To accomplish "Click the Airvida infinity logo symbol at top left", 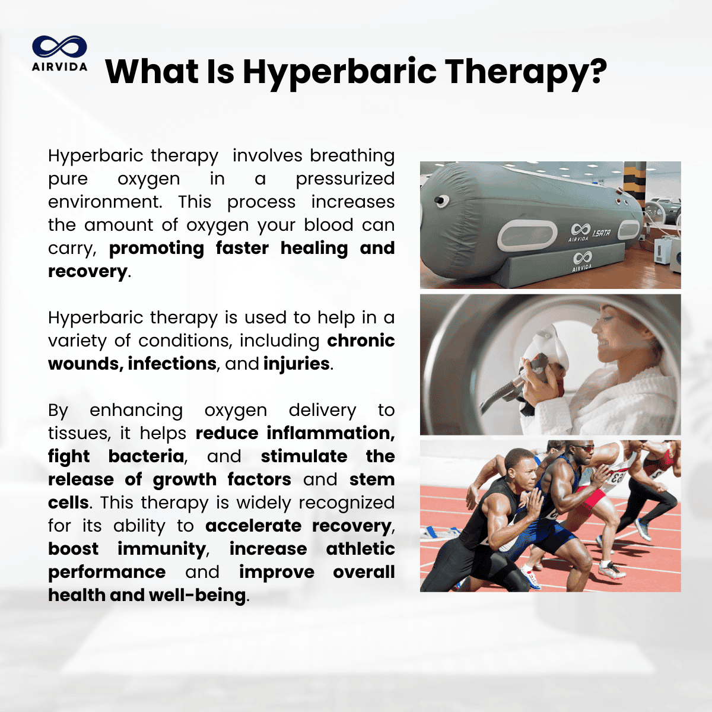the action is point(59,46).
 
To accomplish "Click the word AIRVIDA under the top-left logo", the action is point(59,67).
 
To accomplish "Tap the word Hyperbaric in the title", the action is point(339,72).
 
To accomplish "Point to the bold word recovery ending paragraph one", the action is point(88,272).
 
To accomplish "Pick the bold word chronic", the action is point(361,341).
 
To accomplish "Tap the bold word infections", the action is point(172,364).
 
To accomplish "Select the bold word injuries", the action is point(296,364).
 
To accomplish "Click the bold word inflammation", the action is point(330,433).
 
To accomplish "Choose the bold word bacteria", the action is point(147,456).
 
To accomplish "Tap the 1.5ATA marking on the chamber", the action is point(602,233).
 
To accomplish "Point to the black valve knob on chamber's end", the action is point(439,201).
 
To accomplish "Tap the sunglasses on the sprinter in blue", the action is point(586,449).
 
